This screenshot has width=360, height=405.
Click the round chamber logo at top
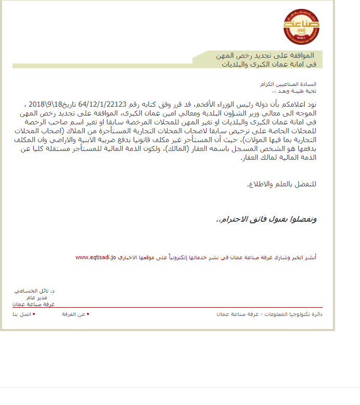[x=301, y=27]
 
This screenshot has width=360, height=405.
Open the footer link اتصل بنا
[x=22, y=314]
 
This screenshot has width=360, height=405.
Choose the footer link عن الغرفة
[x=74, y=314]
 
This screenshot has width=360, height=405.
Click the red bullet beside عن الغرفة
[x=88, y=314]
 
